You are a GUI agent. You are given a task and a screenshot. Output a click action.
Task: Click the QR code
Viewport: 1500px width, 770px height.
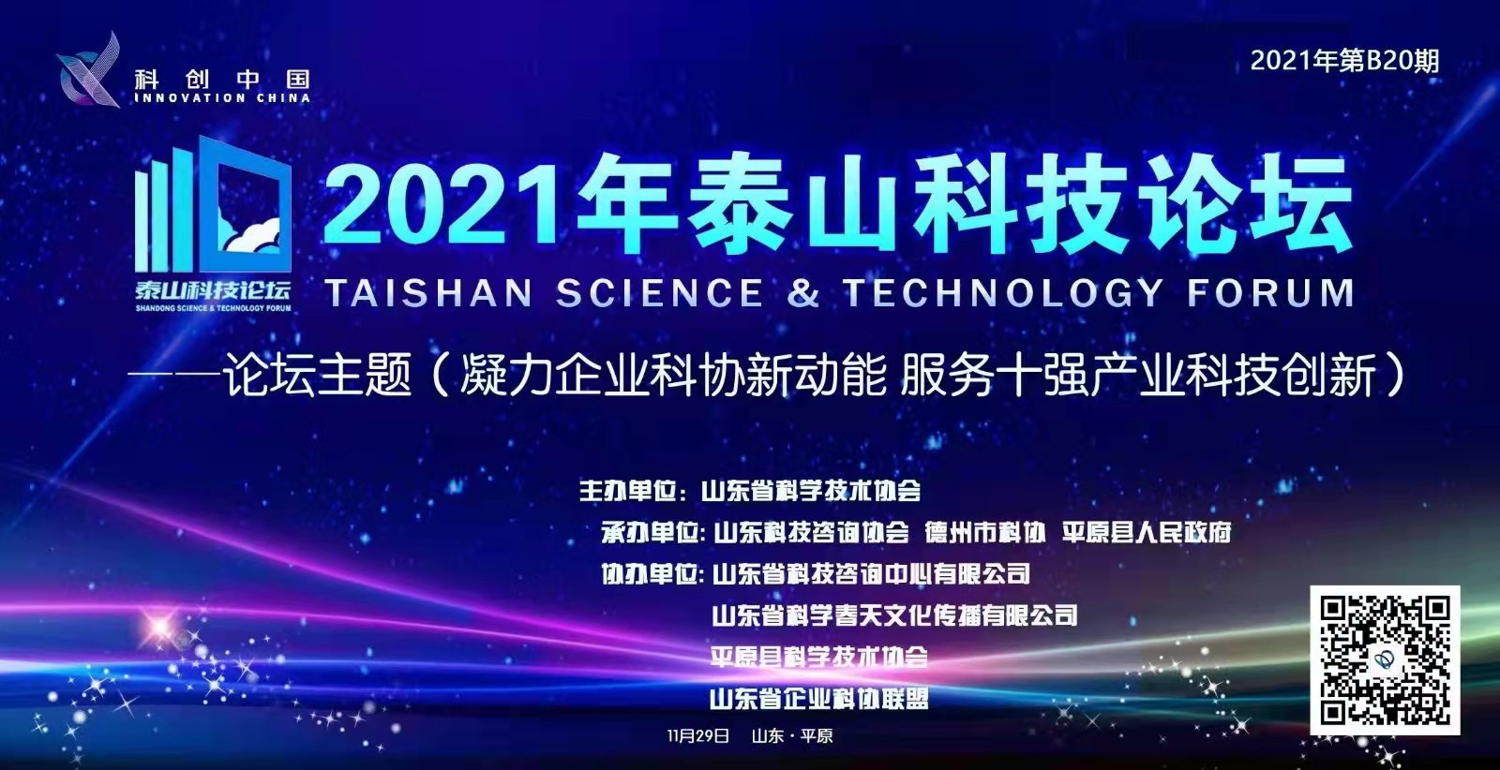click(1385, 660)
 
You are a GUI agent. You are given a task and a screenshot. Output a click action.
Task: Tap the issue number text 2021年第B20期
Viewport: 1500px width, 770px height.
click(1344, 62)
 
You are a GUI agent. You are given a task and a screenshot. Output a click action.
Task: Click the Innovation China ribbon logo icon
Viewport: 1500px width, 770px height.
click(89, 71)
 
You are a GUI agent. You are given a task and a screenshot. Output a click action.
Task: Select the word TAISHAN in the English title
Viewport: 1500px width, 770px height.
click(429, 293)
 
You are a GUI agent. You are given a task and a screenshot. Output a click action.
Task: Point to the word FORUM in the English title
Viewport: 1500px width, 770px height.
click(1271, 293)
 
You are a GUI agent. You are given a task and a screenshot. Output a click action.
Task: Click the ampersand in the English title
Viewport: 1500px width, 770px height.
click(802, 293)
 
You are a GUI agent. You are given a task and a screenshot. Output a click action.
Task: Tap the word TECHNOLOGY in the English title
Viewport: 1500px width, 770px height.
click(1003, 293)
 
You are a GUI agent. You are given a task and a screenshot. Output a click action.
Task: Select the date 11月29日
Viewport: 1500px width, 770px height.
click(698, 736)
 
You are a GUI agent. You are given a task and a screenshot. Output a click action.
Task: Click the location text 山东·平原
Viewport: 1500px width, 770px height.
click(792, 736)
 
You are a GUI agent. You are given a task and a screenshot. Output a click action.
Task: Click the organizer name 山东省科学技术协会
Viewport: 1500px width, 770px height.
click(811, 492)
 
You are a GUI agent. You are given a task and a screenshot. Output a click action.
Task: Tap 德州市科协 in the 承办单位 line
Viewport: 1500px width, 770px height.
click(985, 532)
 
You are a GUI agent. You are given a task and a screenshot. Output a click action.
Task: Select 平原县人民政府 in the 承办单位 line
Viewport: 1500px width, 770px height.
click(1147, 532)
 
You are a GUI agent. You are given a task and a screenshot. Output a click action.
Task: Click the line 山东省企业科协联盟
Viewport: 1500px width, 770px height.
click(819, 699)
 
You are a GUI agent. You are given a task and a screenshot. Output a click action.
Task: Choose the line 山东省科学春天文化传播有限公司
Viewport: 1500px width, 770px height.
click(894, 615)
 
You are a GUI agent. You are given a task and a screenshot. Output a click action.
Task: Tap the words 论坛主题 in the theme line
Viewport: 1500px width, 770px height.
click(318, 376)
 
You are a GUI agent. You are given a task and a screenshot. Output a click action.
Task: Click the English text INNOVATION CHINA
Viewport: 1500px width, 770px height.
click(222, 98)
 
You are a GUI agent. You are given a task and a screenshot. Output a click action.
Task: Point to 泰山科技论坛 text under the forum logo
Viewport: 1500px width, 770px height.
click(213, 290)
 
